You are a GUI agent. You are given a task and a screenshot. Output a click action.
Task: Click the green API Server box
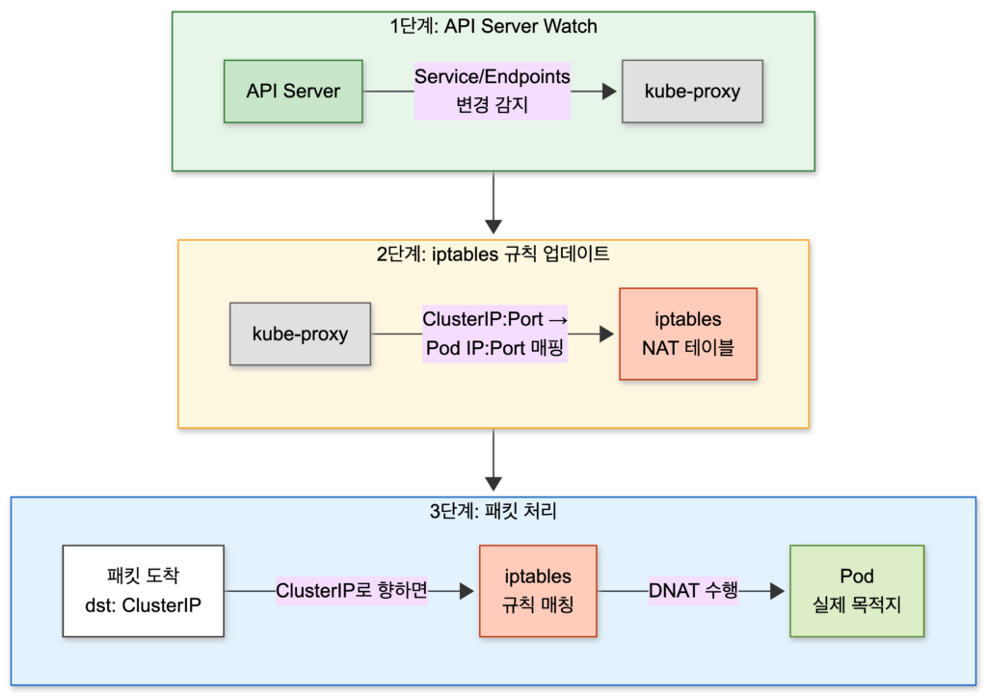click(293, 92)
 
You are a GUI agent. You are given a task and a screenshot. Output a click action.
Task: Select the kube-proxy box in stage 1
click(692, 92)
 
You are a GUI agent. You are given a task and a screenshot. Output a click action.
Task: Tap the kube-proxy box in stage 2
click(300, 334)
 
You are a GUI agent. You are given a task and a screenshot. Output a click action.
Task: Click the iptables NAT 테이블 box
click(687, 334)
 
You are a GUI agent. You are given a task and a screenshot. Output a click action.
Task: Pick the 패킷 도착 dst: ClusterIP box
click(143, 591)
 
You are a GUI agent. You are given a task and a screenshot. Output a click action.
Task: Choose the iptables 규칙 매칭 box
click(538, 591)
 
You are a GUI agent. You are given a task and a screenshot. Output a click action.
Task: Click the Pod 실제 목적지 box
click(856, 591)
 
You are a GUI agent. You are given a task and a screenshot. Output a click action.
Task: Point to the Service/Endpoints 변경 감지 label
click(493, 91)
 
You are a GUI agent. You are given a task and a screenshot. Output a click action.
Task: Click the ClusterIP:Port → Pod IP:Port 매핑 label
click(494, 334)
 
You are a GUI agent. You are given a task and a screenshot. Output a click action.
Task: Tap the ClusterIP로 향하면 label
click(351, 590)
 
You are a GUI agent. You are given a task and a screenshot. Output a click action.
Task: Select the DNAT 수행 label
click(693, 590)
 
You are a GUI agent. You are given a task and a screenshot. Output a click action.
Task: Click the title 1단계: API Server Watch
click(493, 26)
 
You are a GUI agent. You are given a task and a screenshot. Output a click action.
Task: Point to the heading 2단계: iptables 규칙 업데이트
click(493, 255)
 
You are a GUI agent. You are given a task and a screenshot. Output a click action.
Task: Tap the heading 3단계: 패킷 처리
click(493, 512)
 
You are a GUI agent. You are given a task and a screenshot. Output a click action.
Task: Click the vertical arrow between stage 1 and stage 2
click(493, 204)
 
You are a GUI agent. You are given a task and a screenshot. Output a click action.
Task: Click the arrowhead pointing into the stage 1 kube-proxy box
click(608, 92)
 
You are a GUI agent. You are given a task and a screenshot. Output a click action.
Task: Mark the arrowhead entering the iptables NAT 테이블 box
click(606, 334)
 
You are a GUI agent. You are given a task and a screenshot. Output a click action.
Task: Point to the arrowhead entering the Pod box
click(776, 591)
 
